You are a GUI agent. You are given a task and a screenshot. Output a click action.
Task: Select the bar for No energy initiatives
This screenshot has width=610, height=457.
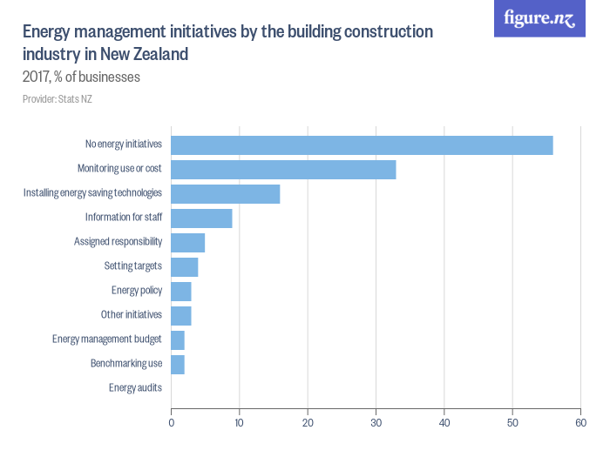(362, 144)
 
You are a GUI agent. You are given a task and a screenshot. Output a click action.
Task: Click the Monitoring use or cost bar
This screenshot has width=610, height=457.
(283, 169)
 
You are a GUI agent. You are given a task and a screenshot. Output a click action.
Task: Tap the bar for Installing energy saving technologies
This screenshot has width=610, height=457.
(225, 193)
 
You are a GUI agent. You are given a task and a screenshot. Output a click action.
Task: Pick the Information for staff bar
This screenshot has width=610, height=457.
(201, 218)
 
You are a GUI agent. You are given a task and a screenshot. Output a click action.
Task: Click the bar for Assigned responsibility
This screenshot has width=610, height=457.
(187, 242)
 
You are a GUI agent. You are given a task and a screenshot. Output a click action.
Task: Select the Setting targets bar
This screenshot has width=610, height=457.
(184, 266)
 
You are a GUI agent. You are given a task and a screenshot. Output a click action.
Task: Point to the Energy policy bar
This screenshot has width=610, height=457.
(180, 291)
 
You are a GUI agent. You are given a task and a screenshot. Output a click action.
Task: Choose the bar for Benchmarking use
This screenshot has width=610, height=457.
(177, 364)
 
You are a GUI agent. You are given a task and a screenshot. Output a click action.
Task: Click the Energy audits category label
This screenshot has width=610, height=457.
(135, 388)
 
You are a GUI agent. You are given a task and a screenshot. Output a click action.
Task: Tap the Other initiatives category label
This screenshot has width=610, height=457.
(132, 315)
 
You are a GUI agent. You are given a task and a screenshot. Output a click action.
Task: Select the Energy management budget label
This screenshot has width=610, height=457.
(107, 339)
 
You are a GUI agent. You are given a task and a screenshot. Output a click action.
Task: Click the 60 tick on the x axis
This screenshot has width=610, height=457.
(580, 423)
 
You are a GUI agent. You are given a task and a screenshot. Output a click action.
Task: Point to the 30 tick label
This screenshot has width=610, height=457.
(376, 423)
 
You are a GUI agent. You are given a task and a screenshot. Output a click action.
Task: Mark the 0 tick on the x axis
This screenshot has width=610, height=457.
(171, 423)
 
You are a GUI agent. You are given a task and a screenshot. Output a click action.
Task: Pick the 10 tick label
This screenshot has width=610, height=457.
(239, 423)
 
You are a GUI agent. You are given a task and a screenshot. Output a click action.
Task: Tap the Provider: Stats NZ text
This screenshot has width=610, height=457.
(57, 99)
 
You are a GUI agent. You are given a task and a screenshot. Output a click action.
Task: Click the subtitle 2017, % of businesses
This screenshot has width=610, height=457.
(81, 77)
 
